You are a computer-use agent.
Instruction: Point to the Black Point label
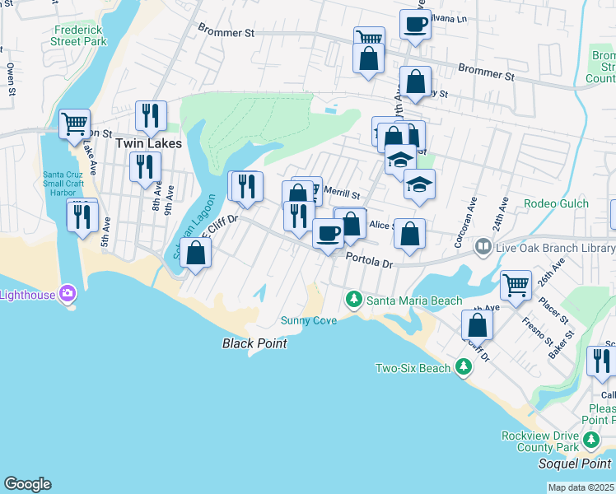(x=254, y=343)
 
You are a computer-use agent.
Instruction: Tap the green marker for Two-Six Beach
(x=464, y=367)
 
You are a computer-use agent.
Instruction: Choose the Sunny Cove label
(x=309, y=320)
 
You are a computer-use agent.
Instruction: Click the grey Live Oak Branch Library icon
(x=483, y=246)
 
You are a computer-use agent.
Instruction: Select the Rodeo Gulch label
(x=558, y=203)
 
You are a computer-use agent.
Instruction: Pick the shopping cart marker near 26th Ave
(x=516, y=285)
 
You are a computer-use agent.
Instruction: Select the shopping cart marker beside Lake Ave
(x=74, y=123)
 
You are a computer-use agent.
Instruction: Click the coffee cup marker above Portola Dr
(x=328, y=234)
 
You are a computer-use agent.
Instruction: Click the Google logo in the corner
(x=27, y=484)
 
